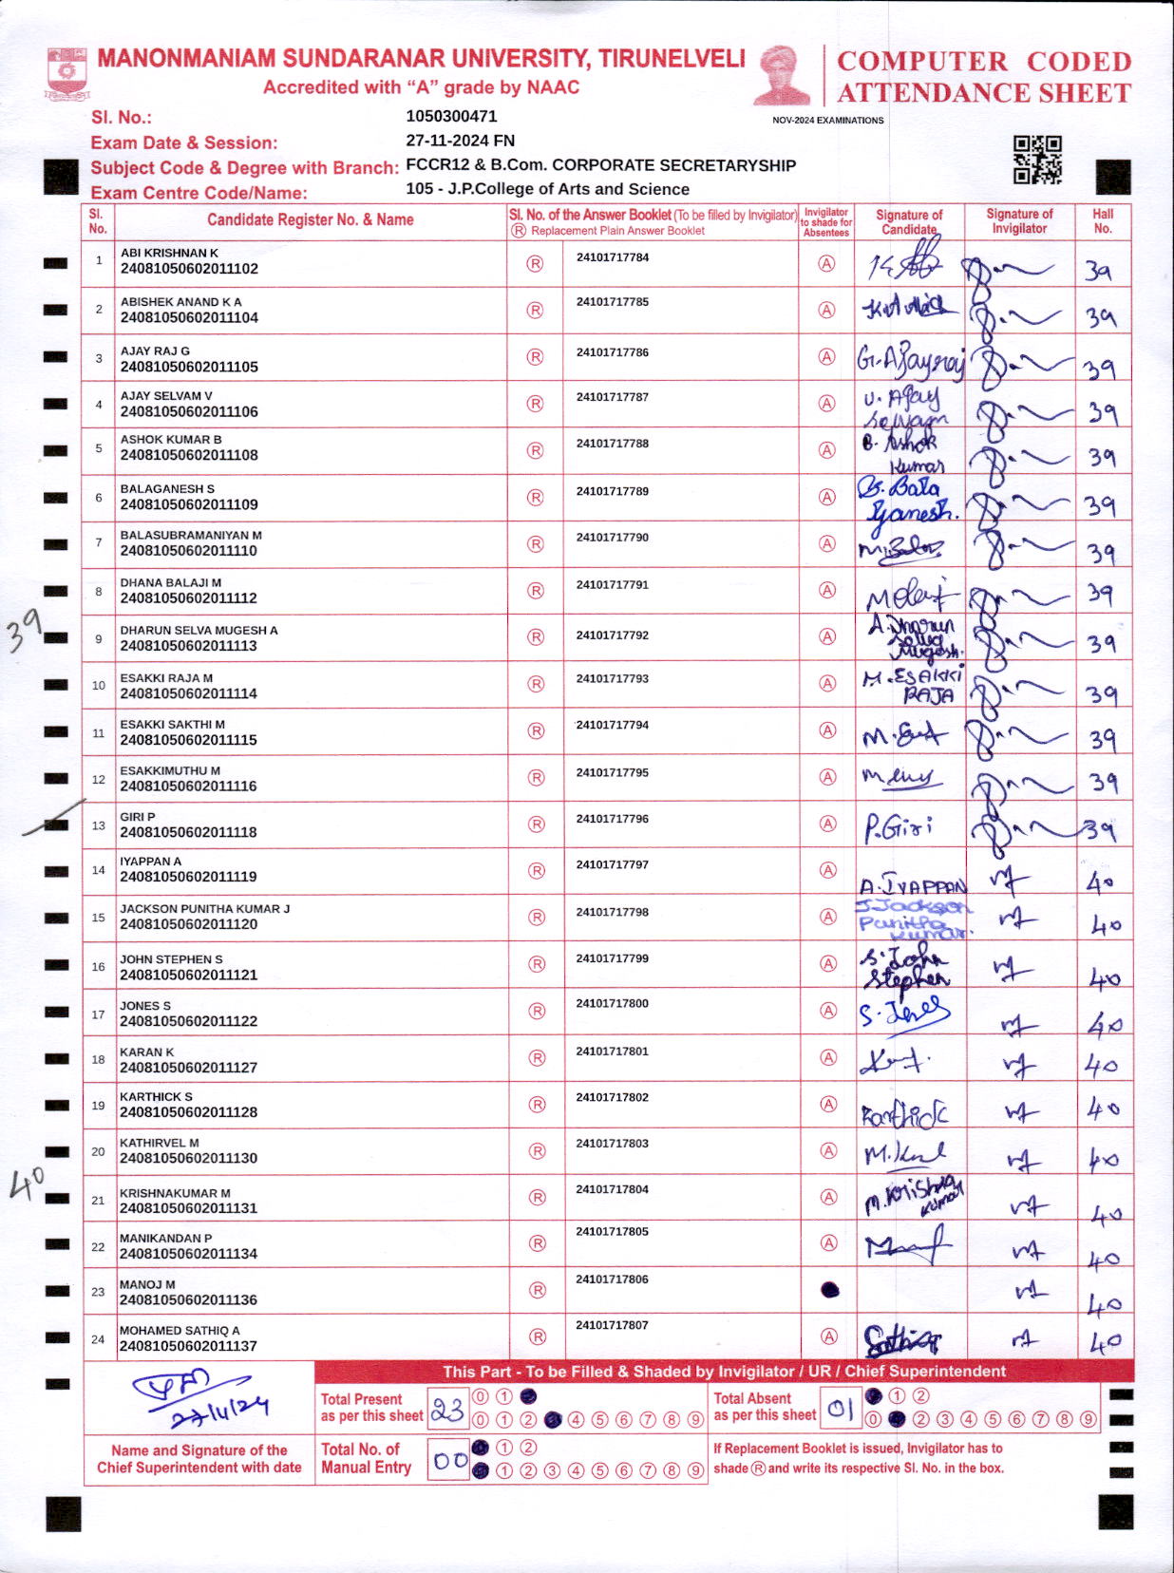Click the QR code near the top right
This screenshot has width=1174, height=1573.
point(1036,160)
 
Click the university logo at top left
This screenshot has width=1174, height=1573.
point(66,73)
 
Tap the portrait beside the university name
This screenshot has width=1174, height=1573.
point(783,75)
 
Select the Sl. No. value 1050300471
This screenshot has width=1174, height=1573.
point(451,117)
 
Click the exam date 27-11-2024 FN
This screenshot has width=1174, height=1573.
point(460,141)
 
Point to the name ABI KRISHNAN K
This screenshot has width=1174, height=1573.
point(169,254)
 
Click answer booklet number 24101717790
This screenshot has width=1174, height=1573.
point(613,538)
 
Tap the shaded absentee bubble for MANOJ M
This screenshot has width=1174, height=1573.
point(829,1290)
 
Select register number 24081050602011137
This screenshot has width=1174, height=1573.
point(189,1346)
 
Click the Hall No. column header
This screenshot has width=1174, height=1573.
point(1102,221)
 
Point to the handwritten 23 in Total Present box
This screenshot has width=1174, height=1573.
point(446,1412)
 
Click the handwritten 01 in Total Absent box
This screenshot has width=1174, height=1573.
point(841,1410)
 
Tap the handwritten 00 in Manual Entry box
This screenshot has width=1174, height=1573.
point(449,1461)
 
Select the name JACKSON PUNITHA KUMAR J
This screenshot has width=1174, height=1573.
point(204,909)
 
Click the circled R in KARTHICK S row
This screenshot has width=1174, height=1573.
point(537,1105)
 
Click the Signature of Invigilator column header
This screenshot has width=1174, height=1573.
point(1019,221)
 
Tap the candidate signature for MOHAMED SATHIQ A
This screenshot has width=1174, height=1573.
point(901,1340)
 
